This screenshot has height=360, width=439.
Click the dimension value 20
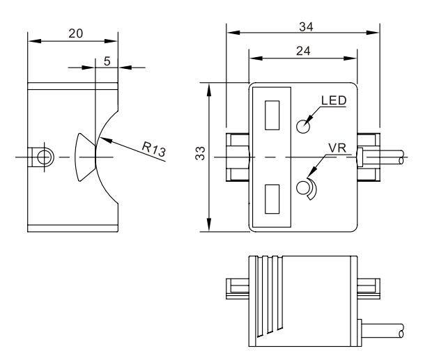[x=76, y=33]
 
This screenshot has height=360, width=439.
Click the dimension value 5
[x=107, y=61]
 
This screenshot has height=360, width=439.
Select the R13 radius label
[x=154, y=150]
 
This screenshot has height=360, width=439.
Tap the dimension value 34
[x=306, y=27]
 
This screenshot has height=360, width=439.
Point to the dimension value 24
[x=303, y=52]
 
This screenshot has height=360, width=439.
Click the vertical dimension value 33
[x=200, y=153]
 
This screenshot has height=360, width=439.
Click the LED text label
[x=334, y=100]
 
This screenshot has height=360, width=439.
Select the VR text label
[x=337, y=148]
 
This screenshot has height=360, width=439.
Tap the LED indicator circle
[x=302, y=127]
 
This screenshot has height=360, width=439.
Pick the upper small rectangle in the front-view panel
[x=272, y=116]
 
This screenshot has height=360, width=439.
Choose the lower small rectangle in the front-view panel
[x=272, y=199]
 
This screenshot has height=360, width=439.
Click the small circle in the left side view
[x=44, y=157]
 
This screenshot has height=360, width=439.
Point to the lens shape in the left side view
[x=84, y=157]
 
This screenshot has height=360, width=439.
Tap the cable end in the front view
[x=401, y=157]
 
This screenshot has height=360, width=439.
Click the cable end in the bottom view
[x=401, y=331]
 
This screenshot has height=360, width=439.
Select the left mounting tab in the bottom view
[x=238, y=289]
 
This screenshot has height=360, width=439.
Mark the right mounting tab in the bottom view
[x=369, y=289]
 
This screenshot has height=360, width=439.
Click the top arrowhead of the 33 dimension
[x=209, y=90]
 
